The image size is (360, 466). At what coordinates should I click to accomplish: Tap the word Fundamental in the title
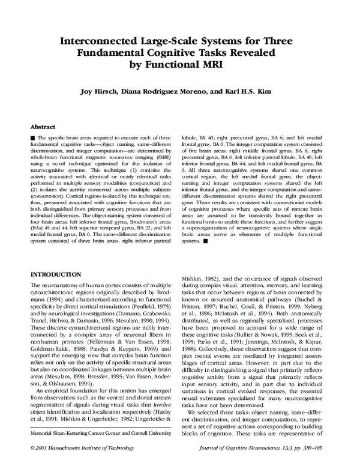pos(115,53)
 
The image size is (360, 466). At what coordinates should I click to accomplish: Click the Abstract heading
pos(44,127)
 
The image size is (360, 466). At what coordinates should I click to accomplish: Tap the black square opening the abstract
pos(33,138)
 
